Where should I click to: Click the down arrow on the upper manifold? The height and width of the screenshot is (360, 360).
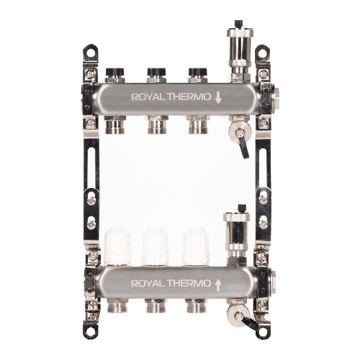218,98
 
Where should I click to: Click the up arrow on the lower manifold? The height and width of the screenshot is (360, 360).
218,285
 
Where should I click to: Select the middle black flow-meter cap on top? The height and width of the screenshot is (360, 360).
156,71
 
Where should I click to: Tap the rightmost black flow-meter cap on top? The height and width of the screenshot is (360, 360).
198,71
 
